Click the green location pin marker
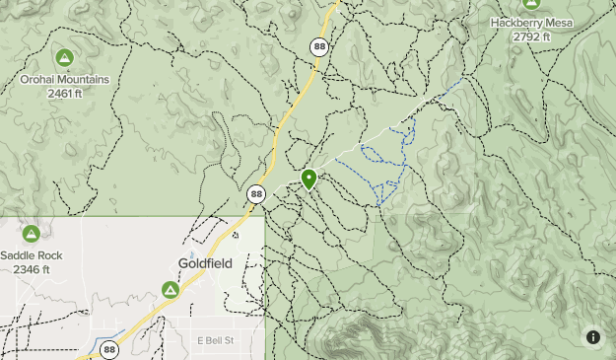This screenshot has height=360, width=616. point(308,179)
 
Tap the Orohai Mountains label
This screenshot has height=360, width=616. point(65,79)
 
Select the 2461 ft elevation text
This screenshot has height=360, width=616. point(65,94)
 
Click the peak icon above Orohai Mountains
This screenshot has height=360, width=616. point(65,57)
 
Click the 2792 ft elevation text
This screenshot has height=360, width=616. point(532,36)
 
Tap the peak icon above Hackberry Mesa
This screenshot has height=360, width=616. point(532,4)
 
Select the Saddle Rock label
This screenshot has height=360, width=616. point(32,254)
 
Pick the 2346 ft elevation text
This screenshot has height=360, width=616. point(32,268)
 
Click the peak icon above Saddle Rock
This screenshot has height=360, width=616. point(32,234)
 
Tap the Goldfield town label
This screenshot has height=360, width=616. point(204,263)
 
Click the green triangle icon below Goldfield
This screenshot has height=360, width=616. point(171,290)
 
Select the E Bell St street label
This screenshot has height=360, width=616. point(214,340)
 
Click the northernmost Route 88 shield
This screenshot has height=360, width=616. point(318,46)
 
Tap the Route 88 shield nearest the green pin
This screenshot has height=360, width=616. point(256,194)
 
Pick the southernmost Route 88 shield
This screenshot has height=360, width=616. point(108,349)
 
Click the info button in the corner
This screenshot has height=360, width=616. point(593,337)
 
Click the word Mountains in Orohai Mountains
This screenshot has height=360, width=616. point(84,79)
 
